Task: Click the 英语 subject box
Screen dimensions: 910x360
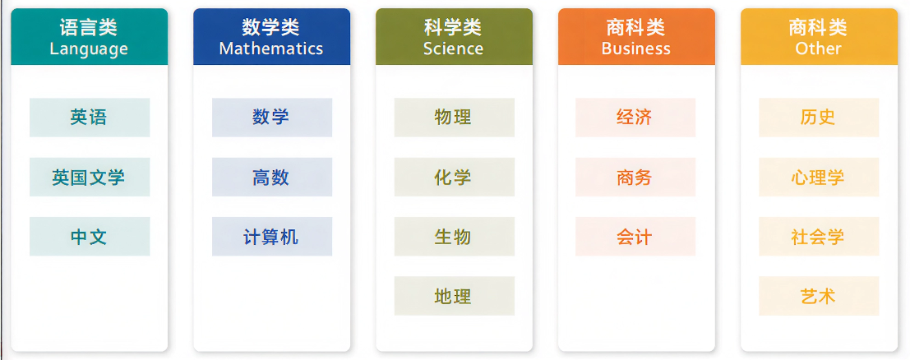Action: pos(90,118)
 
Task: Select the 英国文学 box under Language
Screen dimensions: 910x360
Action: pos(90,177)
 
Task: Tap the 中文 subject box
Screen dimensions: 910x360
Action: pos(90,237)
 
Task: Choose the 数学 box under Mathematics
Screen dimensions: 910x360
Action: pos(271,118)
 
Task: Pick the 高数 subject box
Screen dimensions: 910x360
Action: pos(271,177)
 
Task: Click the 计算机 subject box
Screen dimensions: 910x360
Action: pos(271,237)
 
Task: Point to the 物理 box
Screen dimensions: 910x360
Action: pos(454,118)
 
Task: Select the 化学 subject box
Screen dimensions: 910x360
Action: pos(454,177)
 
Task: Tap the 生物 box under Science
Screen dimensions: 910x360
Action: pos(454,237)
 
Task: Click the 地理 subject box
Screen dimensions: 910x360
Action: pos(454,296)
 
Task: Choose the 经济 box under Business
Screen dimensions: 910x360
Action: pos(635,118)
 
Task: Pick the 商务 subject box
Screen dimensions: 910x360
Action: pos(635,177)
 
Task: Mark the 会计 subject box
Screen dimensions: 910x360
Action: pos(635,237)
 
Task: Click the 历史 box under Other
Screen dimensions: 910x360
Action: pos(819,118)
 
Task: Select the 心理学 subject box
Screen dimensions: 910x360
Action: pos(819,177)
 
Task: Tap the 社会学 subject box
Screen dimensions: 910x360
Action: pos(819,237)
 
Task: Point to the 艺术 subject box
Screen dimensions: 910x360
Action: pos(819,296)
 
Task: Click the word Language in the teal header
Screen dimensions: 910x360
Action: pos(89,49)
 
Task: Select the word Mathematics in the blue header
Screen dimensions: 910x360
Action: pos(271,48)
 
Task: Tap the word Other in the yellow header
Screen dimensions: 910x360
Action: pos(818,48)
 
